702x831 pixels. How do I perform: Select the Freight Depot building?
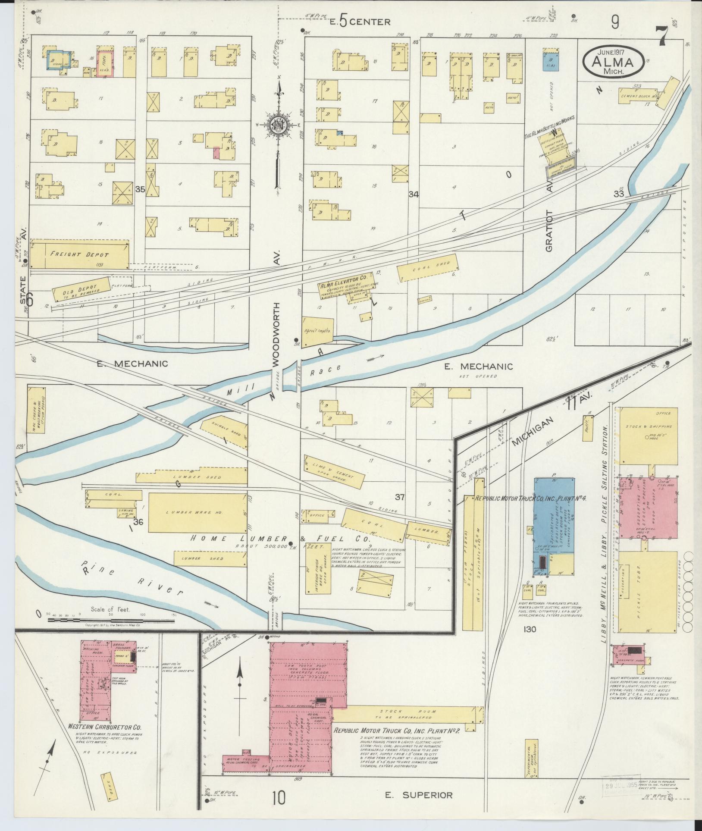click(79, 254)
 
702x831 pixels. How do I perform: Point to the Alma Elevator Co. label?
click(342, 285)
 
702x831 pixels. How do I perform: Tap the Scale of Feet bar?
click(111, 620)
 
